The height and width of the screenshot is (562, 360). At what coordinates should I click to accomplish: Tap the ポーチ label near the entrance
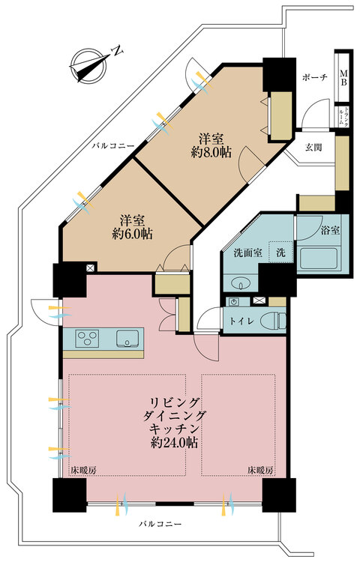(313, 78)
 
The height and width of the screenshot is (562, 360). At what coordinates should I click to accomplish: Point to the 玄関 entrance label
(314, 147)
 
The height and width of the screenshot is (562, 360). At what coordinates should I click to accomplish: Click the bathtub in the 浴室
(319, 258)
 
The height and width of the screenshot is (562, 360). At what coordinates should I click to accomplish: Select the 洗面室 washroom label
(247, 253)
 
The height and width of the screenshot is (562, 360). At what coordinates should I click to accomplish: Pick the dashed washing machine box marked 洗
(280, 253)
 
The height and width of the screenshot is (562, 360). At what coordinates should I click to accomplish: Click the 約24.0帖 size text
(173, 442)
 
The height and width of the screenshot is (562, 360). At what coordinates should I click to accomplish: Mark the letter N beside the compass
(116, 51)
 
